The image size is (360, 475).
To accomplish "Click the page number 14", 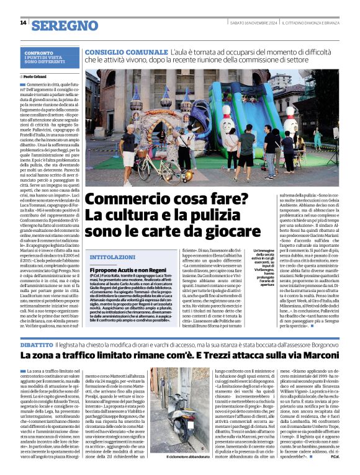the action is (x=23, y=23).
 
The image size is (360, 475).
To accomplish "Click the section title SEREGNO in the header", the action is (x=65, y=25).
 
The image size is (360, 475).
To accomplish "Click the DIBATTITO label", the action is (x=40, y=343).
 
